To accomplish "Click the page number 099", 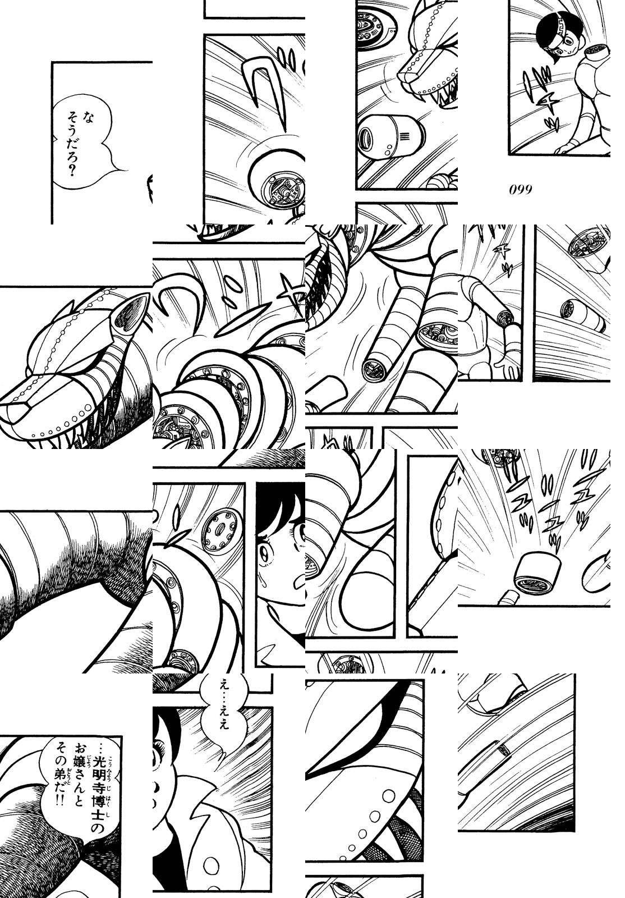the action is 521,190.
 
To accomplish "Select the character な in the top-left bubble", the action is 88,117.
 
